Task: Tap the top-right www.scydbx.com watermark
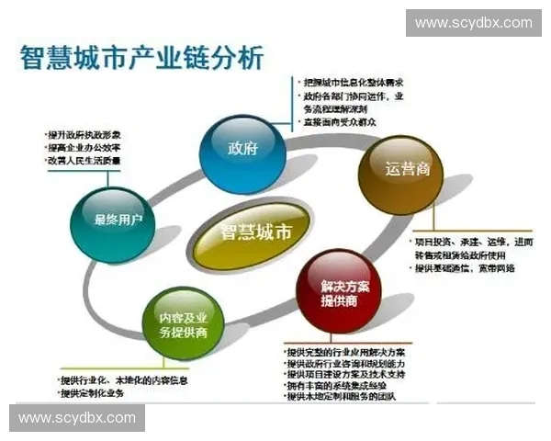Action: click(x=473, y=23)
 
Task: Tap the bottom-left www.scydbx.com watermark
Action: click(x=77, y=418)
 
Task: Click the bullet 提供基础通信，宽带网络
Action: click(x=465, y=268)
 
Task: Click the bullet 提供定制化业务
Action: click(x=91, y=394)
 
